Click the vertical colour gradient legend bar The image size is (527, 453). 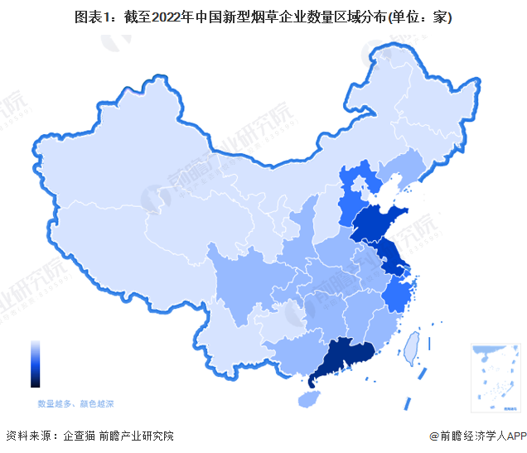tap(35, 364)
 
